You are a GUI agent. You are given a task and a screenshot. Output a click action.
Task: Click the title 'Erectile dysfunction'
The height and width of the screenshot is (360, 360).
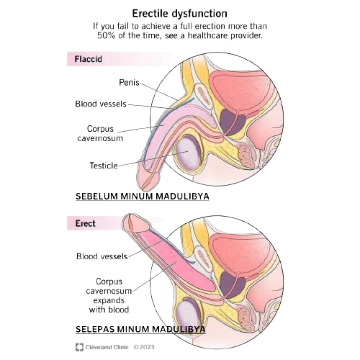[180, 14]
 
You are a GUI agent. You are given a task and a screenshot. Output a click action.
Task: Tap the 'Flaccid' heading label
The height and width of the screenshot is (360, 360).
[89, 59]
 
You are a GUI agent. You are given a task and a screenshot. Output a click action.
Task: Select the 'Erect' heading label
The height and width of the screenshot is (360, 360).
[86, 223]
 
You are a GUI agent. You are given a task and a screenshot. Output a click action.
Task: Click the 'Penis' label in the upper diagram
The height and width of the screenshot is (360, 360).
[129, 83]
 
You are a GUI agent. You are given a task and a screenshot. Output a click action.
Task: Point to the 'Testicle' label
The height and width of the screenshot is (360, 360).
[104, 166]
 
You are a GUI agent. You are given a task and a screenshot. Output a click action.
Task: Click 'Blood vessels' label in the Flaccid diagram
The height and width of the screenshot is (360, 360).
[101, 104]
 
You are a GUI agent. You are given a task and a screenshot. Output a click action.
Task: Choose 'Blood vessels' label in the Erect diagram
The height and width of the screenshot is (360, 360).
[102, 256]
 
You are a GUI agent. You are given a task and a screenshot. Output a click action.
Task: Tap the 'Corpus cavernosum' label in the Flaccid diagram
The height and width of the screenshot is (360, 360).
[100, 133]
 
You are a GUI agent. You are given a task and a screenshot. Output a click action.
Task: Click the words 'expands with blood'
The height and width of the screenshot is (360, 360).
[109, 305]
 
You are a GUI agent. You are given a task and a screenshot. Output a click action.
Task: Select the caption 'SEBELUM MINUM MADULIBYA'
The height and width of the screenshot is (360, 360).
[143, 197]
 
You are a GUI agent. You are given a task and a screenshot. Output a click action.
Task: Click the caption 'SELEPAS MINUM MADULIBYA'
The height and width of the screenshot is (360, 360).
[140, 329]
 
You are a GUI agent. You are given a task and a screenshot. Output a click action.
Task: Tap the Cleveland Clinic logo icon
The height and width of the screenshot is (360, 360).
[79, 347]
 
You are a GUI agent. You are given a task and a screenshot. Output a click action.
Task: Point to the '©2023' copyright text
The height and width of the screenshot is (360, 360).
[144, 347]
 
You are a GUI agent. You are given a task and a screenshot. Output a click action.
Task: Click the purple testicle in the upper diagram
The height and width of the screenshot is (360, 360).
[188, 153]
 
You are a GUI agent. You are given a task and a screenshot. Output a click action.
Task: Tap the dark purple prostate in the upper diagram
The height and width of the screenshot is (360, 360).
[233, 122]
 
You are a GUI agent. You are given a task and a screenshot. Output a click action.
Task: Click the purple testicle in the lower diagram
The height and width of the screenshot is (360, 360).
[187, 315]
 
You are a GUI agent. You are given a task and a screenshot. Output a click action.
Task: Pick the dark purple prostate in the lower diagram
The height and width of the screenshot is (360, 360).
[233, 284]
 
